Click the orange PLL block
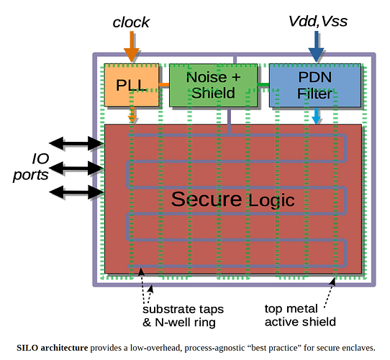(x=132, y=85)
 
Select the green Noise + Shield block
(x=214, y=85)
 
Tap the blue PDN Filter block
(x=315, y=85)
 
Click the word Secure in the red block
(x=207, y=199)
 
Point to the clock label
(x=131, y=22)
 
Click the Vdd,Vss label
(x=318, y=21)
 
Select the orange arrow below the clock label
(x=132, y=47)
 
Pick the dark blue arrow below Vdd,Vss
(x=316, y=47)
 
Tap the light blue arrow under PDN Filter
(x=316, y=116)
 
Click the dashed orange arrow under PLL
(x=132, y=114)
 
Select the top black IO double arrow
(x=76, y=143)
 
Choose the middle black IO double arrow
(x=76, y=168)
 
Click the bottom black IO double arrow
(x=76, y=192)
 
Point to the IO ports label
(x=31, y=167)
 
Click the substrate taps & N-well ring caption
(x=183, y=315)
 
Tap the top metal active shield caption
(x=300, y=315)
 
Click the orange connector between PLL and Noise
(x=164, y=85)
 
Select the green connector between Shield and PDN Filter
(x=263, y=85)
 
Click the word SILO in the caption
(x=27, y=348)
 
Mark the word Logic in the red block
(x=271, y=201)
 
